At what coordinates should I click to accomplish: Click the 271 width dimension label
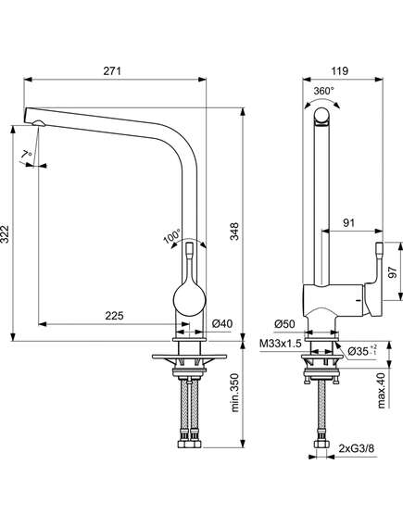[112, 71]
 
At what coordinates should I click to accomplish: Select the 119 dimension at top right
[340, 71]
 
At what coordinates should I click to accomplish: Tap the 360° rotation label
[323, 91]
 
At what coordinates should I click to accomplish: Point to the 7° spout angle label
[26, 156]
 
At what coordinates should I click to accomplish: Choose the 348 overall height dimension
[234, 232]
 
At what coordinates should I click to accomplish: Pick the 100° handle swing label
[172, 236]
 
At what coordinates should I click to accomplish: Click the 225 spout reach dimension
[114, 316]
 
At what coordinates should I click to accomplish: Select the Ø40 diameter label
[222, 323]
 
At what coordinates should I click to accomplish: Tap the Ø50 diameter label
[284, 324]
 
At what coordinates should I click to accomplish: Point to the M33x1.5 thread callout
[280, 344]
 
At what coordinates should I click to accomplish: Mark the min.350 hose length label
[234, 392]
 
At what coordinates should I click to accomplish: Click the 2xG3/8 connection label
[357, 448]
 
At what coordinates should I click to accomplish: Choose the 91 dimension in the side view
[348, 223]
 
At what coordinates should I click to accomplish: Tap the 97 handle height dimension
[392, 272]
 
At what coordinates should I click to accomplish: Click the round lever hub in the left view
[190, 299]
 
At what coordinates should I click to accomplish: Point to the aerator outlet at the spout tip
[38, 123]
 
